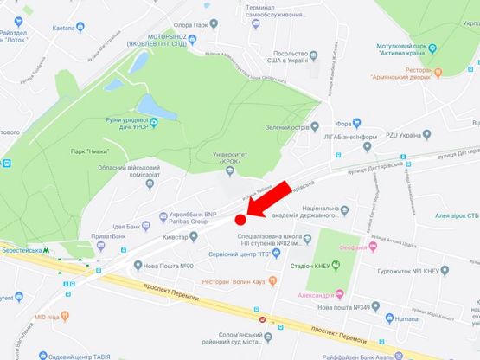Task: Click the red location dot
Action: point(241,221)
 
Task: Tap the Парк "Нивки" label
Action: point(94,151)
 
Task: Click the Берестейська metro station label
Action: point(26,255)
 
